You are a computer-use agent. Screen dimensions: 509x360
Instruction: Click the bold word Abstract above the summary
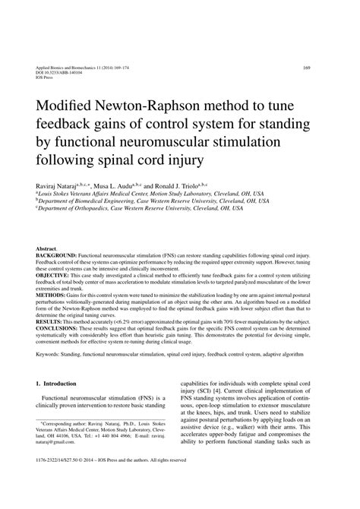point(46,249)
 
